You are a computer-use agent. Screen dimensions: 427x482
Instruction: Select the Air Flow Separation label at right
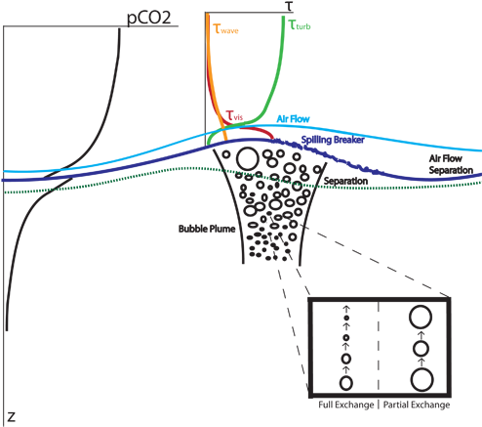point(450,164)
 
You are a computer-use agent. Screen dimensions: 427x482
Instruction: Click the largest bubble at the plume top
point(247,157)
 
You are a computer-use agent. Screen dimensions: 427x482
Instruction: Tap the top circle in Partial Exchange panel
point(421,318)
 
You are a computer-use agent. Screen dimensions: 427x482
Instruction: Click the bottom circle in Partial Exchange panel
point(421,379)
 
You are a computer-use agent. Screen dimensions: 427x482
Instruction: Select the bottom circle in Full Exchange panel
point(344,380)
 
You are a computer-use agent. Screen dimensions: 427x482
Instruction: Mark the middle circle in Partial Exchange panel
point(421,348)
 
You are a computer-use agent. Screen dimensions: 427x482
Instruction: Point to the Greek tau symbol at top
point(289,7)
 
